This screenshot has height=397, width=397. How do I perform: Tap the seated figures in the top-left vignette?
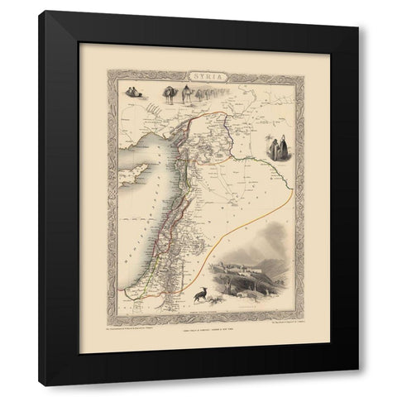pos(135,92)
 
